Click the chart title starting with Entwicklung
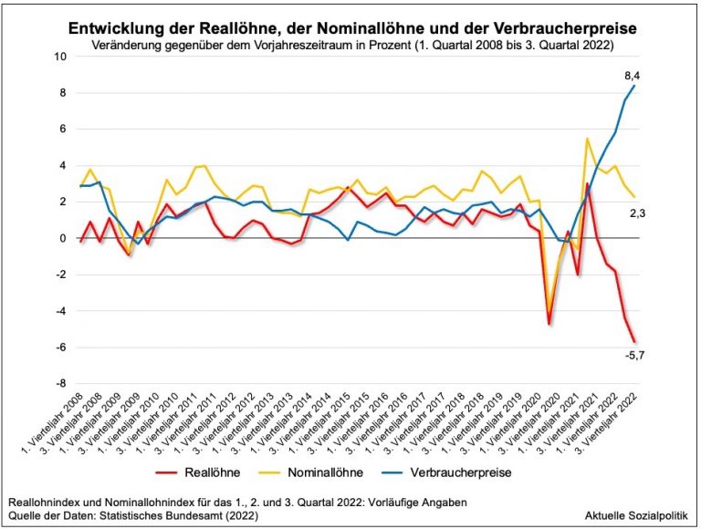(351, 28)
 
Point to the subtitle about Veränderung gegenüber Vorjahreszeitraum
(351, 45)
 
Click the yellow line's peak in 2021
(587, 139)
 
